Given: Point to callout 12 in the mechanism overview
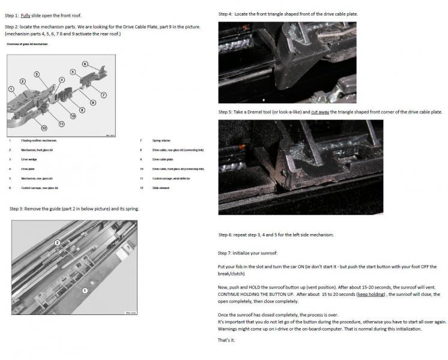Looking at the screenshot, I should click(x=44, y=127).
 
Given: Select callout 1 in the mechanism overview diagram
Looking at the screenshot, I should click(x=11, y=89).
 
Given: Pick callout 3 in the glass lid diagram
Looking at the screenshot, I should click(x=37, y=74).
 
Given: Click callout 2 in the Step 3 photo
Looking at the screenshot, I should click(x=58, y=243).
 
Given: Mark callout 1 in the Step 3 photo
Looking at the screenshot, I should click(x=85, y=290).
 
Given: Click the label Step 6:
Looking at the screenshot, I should click(x=226, y=235).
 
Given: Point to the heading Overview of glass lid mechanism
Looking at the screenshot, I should click(x=28, y=44).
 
